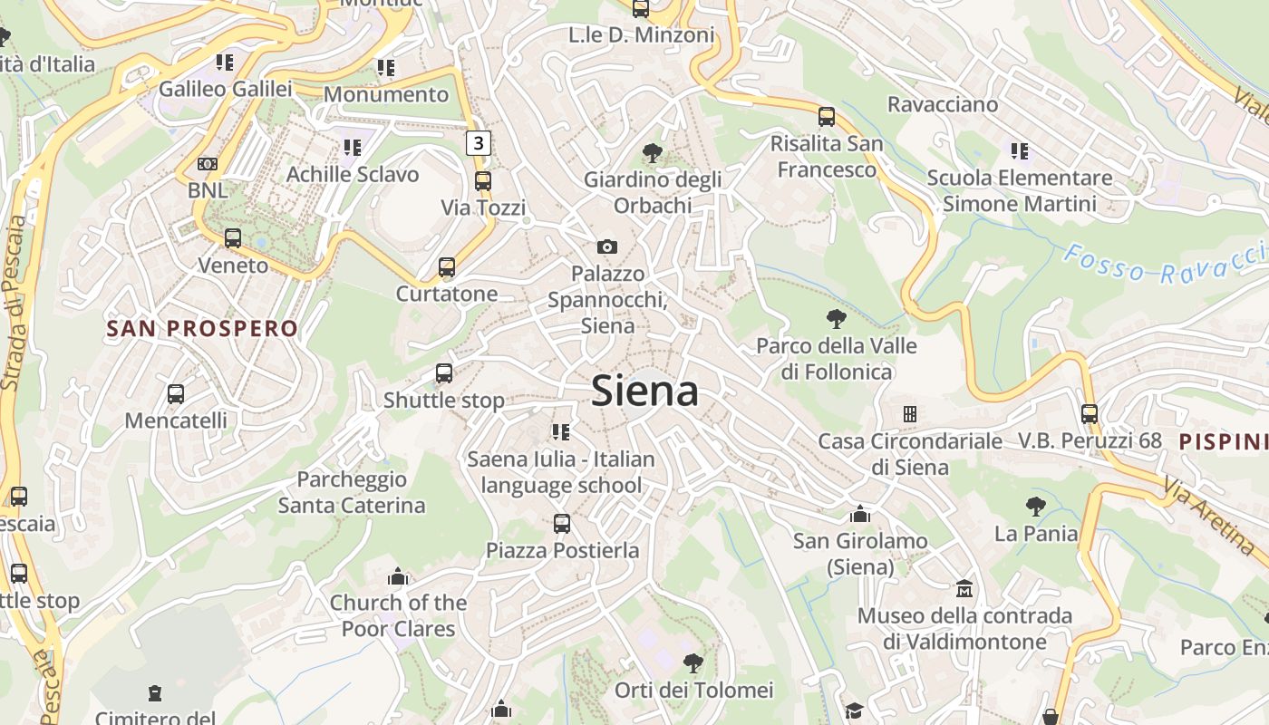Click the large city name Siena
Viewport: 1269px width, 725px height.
[x=644, y=391]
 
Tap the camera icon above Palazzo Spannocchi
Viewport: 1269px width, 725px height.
[x=607, y=246]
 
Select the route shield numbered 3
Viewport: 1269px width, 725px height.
[x=479, y=142]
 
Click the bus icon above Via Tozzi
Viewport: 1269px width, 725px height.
[x=483, y=180]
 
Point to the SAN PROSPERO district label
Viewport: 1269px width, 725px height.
[x=202, y=329]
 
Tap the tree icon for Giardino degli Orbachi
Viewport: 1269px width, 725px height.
[x=652, y=152]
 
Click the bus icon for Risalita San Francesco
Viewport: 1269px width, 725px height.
[x=826, y=116]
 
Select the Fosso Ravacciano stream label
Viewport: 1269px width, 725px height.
[x=1165, y=264]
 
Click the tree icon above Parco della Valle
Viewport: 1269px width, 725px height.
[x=836, y=319]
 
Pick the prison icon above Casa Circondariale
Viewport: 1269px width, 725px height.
[x=909, y=414]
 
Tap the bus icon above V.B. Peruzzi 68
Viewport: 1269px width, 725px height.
[x=1089, y=413]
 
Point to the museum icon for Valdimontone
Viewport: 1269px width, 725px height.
[x=964, y=590]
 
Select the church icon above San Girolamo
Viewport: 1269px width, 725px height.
[x=859, y=515]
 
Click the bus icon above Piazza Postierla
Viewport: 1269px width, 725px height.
[x=562, y=523]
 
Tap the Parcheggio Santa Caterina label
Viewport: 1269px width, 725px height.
[x=352, y=492]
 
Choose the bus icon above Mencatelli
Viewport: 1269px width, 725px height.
[x=176, y=394]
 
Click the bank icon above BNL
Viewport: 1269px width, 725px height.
[x=208, y=164]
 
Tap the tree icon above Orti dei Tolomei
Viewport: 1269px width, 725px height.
[x=693, y=662]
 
